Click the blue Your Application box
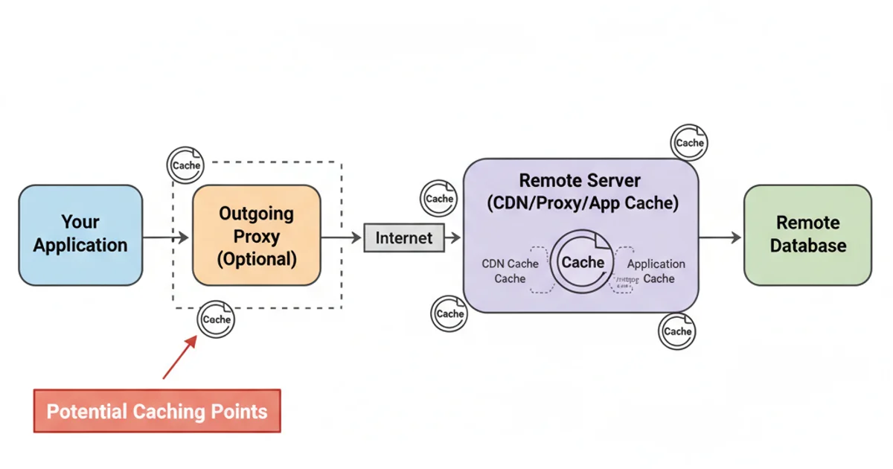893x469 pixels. pyautogui.click(x=80, y=234)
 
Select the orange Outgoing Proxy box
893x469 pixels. pyautogui.click(x=257, y=235)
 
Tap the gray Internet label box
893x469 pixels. pyautogui.click(x=403, y=238)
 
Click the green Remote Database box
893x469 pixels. pyautogui.click(x=807, y=234)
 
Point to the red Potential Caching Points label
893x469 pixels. pyautogui.click(x=157, y=410)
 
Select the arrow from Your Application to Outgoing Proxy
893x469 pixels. pyautogui.click(x=166, y=237)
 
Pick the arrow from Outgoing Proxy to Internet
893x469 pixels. pyautogui.click(x=341, y=237)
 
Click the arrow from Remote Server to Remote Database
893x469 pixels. pyautogui.click(x=720, y=237)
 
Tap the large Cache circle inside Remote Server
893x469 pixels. pyautogui.click(x=583, y=262)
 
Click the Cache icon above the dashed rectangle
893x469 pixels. pyautogui.click(x=186, y=165)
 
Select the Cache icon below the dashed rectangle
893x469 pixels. pyautogui.click(x=217, y=319)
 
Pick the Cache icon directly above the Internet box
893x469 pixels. pyautogui.click(x=439, y=199)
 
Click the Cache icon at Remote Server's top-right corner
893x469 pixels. pyautogui.click(x=689, y=143)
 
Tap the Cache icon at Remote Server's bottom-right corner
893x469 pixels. pyautogui.click(x=677, y=331)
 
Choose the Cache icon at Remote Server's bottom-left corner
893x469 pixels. pyautogui.click(x=450, y=313)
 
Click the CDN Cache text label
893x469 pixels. pyautogui.click(x=510, y=271)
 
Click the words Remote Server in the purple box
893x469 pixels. pyautogui.click(x=580, y=181)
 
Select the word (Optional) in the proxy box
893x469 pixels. pyautogui.click(x=257, y=260)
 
